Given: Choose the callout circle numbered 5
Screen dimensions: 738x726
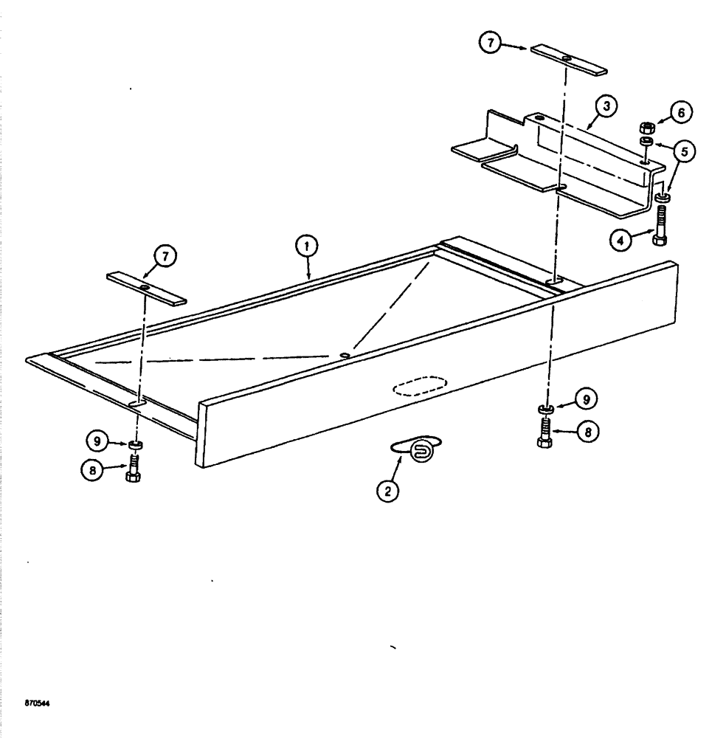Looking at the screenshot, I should click(x=682, y=152).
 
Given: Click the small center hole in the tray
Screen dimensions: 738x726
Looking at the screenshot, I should click(x=345, y=355).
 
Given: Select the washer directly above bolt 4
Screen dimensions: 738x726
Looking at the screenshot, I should click(x=660, y=197).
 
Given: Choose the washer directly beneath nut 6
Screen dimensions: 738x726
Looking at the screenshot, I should click(x=646, y=140).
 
